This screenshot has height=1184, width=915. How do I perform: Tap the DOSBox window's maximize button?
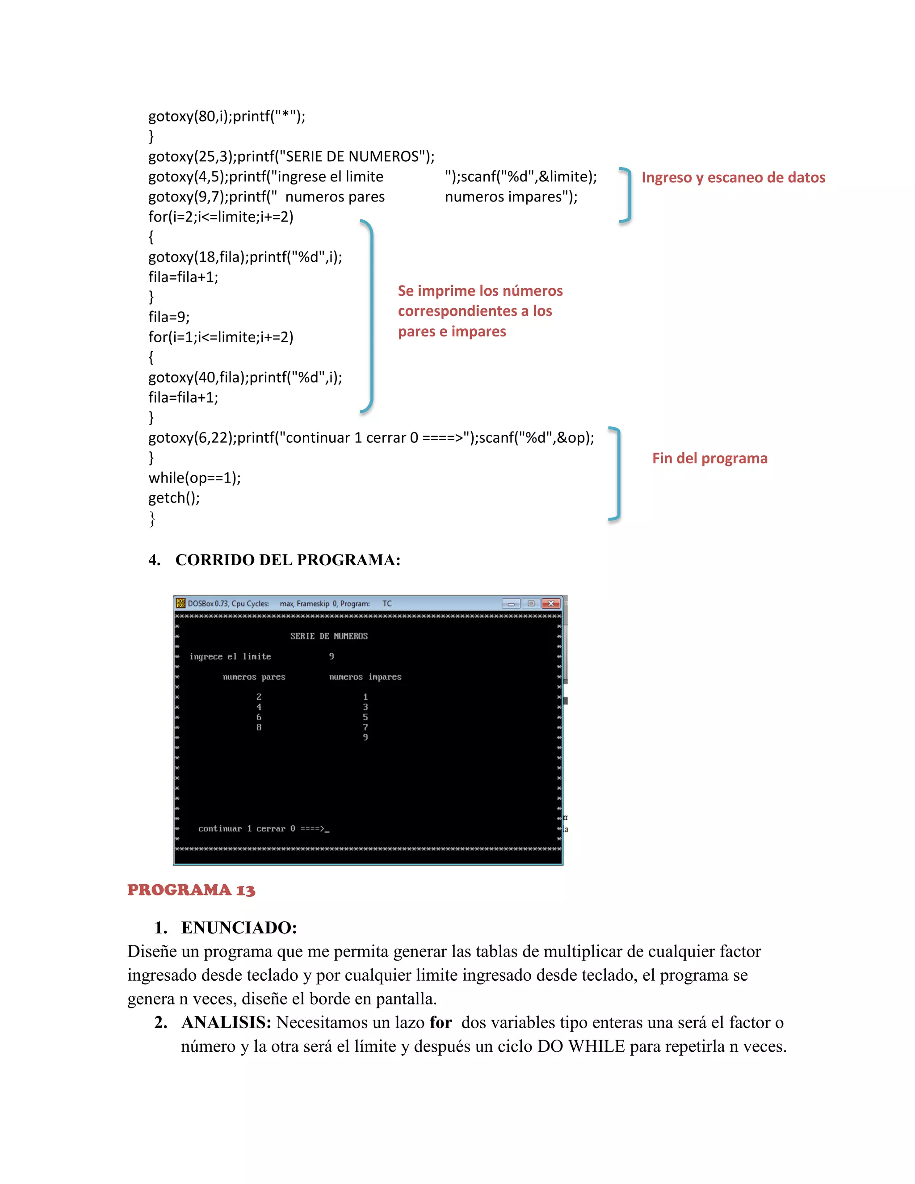coord(531,603)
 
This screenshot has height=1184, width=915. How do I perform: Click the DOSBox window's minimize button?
coord(511,603)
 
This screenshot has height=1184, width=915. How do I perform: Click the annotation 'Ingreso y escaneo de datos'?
coord(733,178)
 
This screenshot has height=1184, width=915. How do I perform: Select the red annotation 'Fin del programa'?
coord(709,459)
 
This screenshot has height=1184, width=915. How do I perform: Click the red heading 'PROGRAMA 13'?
coord(191,890)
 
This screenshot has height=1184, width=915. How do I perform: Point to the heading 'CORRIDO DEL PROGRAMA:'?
coord(288,560)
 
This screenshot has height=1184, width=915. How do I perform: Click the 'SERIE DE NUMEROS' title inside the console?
coord(328,636)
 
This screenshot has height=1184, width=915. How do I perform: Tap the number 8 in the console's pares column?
coord(259,727)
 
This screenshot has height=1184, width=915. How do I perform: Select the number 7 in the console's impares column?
coord(365,727)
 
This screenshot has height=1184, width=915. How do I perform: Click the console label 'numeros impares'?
coord(365,677)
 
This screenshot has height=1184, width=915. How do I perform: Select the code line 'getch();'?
coord(174,498)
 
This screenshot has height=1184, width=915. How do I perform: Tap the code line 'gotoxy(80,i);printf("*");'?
coord(227,117)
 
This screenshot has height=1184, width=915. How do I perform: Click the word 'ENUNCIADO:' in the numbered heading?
coord(239,928)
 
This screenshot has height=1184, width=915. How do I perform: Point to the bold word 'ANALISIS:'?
coord(226,1022)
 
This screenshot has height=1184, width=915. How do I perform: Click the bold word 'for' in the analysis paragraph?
coord(440,1022)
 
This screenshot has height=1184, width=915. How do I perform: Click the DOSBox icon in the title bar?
coord(180,603)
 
